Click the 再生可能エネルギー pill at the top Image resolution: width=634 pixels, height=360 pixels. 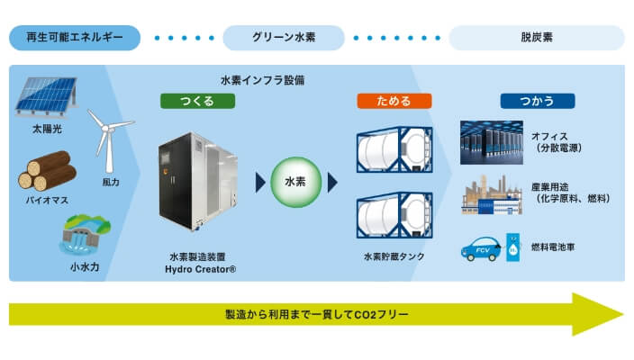(x=75, y=38)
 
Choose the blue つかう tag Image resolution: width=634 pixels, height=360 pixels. (x=536, y=101)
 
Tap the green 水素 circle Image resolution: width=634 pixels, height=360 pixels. (x=295, y=183)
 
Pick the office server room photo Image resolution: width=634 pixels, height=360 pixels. (x=490, y=140)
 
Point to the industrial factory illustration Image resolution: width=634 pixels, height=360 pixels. (x=490, y=196)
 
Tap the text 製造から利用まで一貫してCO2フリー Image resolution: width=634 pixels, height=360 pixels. (x=316, y=314)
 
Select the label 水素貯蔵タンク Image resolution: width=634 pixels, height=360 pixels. (x=393, y=256)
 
